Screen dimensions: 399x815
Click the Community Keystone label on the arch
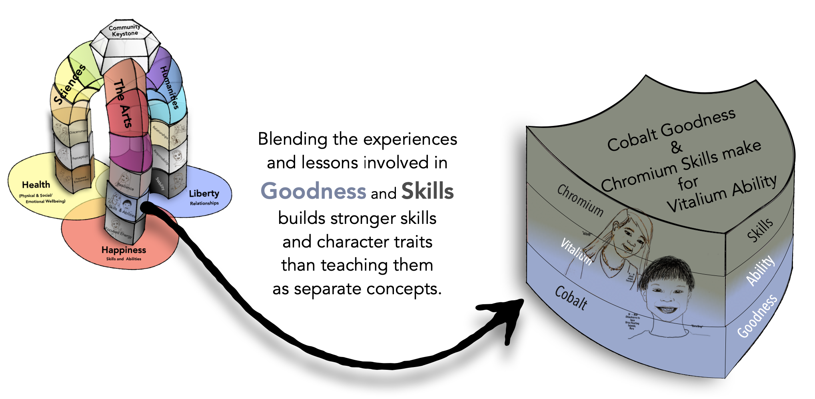(124, 30)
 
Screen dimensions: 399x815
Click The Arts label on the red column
(123, 104)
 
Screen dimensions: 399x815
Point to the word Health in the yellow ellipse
(36, 185)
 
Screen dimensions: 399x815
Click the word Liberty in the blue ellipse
(204, 194)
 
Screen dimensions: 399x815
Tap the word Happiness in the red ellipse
(124, 250)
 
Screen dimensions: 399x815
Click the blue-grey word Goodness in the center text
(313, 191)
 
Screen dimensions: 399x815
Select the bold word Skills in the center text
(427, 191)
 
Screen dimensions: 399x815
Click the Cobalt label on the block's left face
(571, 298)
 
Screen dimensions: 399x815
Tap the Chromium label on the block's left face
(580, 200)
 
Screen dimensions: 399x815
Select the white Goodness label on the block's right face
(757, 316)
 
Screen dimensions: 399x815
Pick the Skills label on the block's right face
(760, 230)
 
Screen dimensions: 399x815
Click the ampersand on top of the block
(676, 147)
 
